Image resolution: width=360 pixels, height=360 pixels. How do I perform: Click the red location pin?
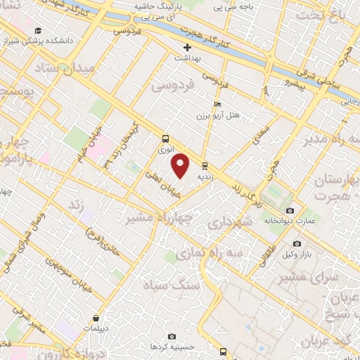181,165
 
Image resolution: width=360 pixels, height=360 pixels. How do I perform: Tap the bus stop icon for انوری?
165,139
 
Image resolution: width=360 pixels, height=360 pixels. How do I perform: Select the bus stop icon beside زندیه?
205,167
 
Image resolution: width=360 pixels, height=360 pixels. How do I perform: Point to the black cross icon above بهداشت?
187,48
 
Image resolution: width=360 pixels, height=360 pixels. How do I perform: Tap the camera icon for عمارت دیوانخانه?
290,210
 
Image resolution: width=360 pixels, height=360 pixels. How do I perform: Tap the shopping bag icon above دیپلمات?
105,318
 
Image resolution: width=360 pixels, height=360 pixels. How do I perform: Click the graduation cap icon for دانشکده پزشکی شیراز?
37,30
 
